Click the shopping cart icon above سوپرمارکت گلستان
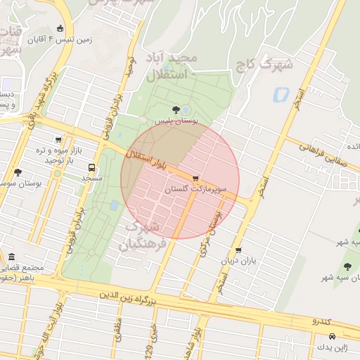point(195,178)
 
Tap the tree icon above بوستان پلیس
point(175,110)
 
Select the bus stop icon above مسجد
point(91,167)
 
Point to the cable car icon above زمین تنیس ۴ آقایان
point(60,29)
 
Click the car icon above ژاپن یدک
point(331,336)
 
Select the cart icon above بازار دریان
point(238,250)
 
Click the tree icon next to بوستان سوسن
point(18,172)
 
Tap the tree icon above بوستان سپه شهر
point(347,266)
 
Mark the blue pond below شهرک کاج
point(281,94)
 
